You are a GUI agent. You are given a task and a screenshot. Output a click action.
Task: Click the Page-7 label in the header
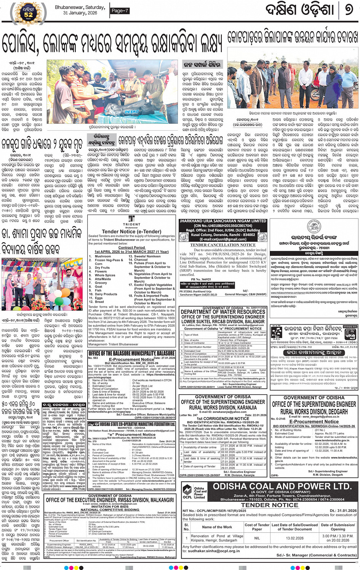tap(120, 11)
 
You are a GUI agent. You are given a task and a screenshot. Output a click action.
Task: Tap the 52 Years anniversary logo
tap(29, 11)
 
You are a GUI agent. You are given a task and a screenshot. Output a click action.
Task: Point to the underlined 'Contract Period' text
tap(131, 247)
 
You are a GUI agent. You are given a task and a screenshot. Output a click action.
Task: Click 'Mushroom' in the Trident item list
tap(102, 256)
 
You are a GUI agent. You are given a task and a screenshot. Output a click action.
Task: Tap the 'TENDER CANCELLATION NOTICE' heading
tap(223, 245)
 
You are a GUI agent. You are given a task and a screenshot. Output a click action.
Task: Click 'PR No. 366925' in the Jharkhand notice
tap(201, 279)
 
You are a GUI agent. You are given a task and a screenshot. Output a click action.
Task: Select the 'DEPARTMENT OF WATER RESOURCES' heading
tap(223, 312)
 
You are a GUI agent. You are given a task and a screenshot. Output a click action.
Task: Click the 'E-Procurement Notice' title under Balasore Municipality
tap(131, 359)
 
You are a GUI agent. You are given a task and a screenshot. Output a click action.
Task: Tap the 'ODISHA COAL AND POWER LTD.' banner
tap(282, 487)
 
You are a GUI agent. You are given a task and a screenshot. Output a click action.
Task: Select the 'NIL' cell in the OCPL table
tap(257, 538)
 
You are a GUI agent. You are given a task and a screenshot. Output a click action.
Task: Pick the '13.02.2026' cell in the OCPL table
tap(295, 538)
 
